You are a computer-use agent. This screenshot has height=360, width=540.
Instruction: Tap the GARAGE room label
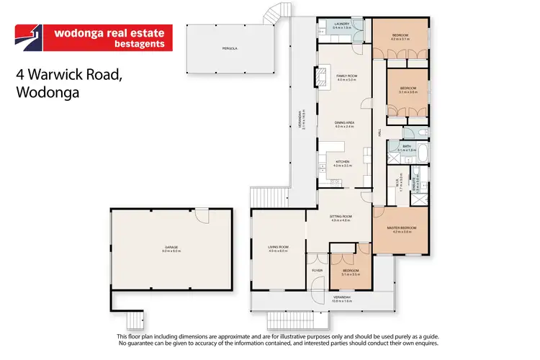point(170,247)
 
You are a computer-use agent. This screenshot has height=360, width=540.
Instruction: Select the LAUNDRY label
point(343,24)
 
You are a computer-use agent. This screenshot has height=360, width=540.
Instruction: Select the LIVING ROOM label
point(278,247)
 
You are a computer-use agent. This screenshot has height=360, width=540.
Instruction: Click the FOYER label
point(317,270)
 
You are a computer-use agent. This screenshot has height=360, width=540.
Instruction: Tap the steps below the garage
point(133,318)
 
